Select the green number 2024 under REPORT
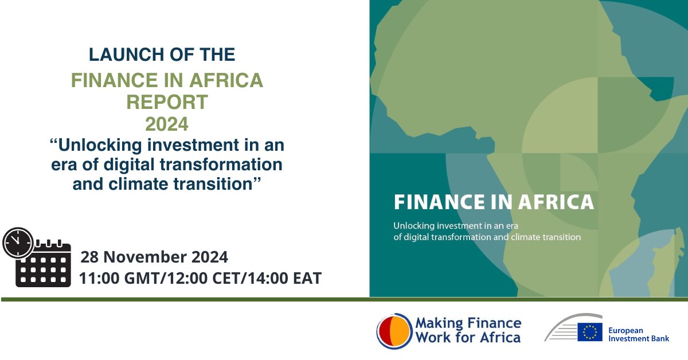(166, 124)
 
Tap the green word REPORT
(167, 102)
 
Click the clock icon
(18, 243)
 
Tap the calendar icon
(44, 265)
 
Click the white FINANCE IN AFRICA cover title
(494, 202)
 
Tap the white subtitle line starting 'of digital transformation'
(487, 236)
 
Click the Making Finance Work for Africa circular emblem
(394, 331)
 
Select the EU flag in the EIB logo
(590, 332)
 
